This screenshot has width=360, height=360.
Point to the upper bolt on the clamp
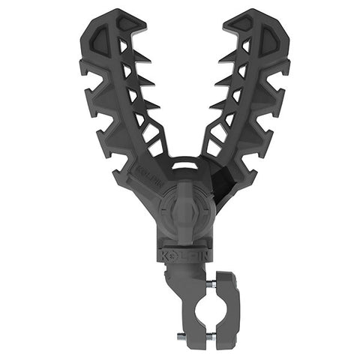(211, 283)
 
